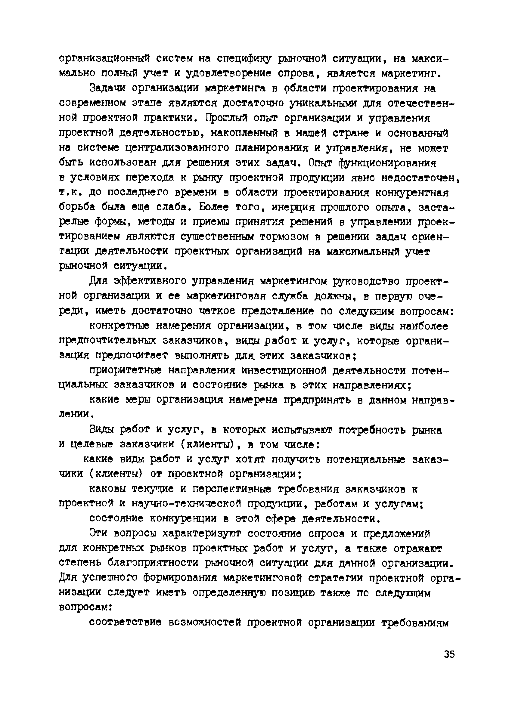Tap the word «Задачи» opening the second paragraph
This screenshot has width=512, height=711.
click(x=107, y=88)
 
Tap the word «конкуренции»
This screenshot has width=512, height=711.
click(x=183, y=519)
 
